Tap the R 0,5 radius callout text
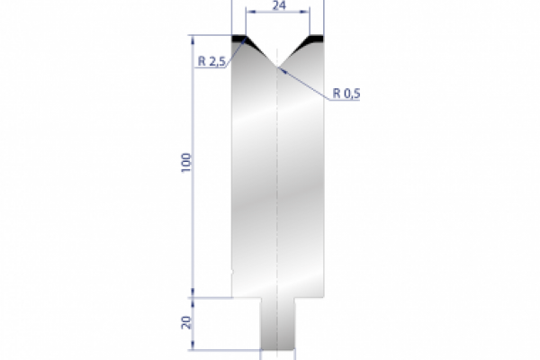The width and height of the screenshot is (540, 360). [346, 92]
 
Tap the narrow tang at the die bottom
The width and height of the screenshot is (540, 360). [277, 328]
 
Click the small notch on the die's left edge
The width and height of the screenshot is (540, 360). [233, 273]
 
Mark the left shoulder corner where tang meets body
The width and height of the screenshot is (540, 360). [261, 297]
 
